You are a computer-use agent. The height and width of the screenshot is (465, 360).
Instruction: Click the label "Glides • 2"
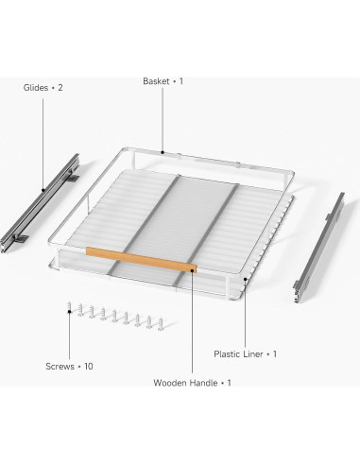point(43,87)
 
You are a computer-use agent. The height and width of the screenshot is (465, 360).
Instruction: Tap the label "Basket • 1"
point(163,81)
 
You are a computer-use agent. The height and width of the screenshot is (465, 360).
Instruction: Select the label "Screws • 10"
point(68,366)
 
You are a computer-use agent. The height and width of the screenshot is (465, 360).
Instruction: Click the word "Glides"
point(36,87)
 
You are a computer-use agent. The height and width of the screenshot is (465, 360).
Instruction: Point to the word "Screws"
point(60,366)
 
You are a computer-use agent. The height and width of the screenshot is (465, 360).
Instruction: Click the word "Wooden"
point(172,383)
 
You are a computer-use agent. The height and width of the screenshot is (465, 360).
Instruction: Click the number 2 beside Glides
point(60,87)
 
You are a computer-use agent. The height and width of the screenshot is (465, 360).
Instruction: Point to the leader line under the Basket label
point(163,118)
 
